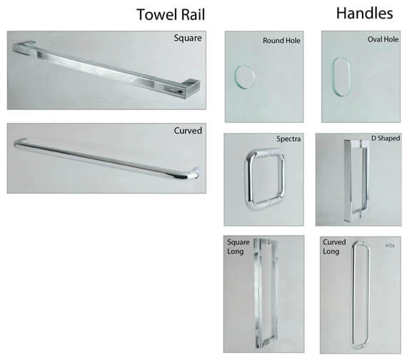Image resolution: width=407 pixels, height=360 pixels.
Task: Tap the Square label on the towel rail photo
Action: tap(188, 38)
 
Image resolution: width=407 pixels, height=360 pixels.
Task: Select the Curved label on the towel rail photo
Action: tap(187, 131)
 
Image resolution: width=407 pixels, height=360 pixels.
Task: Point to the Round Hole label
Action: tap(281, 41)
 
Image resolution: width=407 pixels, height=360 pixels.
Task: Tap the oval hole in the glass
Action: tap(341, 75)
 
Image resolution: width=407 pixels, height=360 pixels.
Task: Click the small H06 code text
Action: tap(390, 246)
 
